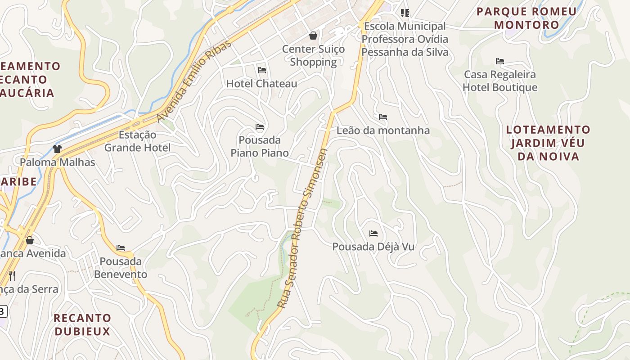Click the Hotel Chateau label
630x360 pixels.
click(x=261, y=84)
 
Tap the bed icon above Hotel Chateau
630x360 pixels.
click(x=262, y=70)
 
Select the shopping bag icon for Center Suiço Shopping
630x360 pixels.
click(x=313, y=35)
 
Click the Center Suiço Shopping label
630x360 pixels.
click(x=313, y=55)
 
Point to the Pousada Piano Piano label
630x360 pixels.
click(x=260, y=146)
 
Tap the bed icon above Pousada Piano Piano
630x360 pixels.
click(x=260, y=127)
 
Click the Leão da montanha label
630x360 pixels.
click(x=383, y=130)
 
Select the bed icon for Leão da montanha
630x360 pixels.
click(x=383, y=117)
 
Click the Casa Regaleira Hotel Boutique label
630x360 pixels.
click(x=500, y=81)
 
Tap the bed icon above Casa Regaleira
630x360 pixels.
click(x=500, y=61)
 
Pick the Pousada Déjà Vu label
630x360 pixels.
click(x=373, y=247)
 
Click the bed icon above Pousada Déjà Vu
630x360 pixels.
click(x=373, y=234)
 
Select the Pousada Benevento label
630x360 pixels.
click(x=121, y=268)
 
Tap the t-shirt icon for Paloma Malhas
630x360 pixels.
click(x=57, y=148)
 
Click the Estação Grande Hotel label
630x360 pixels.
click(x=137, y=141)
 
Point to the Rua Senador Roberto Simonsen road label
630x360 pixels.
click(x=302, y=229)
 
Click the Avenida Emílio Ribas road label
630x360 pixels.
click(x=194, y=81)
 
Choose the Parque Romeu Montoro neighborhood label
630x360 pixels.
click(x=526, y=18)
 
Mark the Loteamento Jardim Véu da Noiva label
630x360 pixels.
click(x=548, y=143)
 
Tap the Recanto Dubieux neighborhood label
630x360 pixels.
click(x=82, y=324)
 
